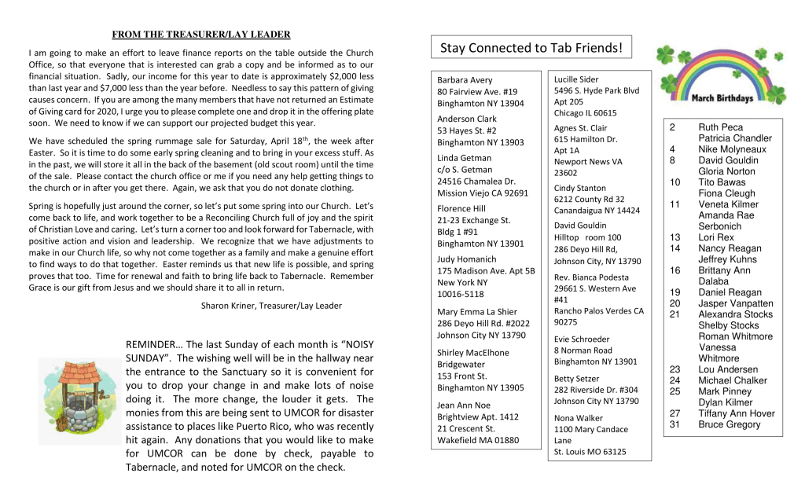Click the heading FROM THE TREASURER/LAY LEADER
tap(201, 35)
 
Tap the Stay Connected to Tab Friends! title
tap(531, 49)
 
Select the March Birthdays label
tap(722, 98)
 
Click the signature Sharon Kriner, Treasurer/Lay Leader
tap(271, 306)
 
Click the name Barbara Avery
tap(465, 80)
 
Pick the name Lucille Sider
tap(576, 79)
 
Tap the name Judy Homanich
tap(467, 259)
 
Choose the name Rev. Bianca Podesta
tap(591, 277)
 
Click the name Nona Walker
tap(578, 418)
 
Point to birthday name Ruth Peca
tap(720, 127)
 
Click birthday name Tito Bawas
tap(722, 182)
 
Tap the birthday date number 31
tap(675, 424)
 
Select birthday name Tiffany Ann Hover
tap(736, 413)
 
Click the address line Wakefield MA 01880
tap(478, 440)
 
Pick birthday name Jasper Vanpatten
tap(735, 303)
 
